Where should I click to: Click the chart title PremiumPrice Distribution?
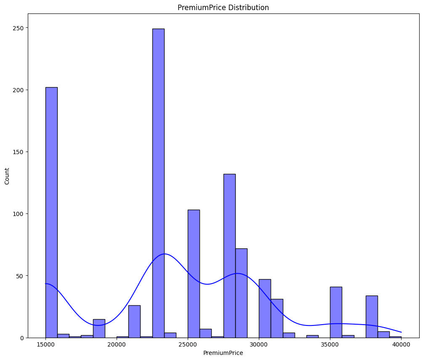[x=223, y=8]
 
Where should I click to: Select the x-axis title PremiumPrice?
[x=223, y=353]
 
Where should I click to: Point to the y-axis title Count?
[x=7, y=176]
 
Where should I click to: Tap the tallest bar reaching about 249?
[x=158, y=183]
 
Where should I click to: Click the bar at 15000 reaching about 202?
[x=51, y=212]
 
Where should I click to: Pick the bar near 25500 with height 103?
[x=194, y=274]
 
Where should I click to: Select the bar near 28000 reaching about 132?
[x=229, y=256]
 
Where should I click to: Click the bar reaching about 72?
[x=241, y=293]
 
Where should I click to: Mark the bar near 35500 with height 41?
[x=336, y=312]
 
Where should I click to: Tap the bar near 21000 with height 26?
[x=134, y=322]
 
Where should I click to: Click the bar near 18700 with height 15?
[x=99, y=328]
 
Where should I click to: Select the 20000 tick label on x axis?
[x=117, y=344]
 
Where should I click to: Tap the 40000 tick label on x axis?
[x=401, y=344]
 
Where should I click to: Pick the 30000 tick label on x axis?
[x=259, y=344]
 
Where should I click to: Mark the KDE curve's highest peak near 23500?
[x=165, y=254]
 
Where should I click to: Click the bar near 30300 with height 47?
[x=265, y=308]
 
